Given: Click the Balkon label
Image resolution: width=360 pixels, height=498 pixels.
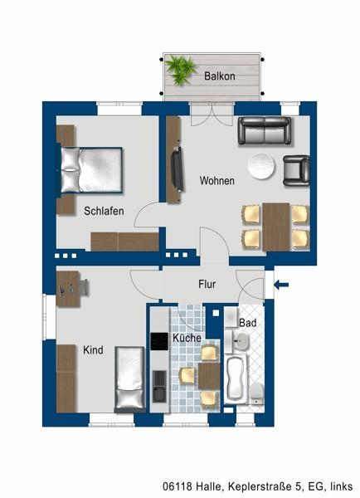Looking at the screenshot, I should pyautogui.click(x=220, y=76).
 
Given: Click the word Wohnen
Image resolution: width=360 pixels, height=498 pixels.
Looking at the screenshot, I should pyautogui.click(x=216, y=181).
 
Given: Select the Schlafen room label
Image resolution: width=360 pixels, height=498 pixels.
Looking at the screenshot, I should pyautogui.click(x=104, y=211).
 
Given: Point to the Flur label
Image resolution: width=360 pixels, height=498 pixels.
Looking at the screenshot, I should pyautogui.click(x=207, y=284).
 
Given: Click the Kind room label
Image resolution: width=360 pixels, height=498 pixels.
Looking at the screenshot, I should pyautogui.click(x=93, y=350).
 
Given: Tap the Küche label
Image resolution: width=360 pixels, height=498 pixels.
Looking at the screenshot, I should pyautogui.click(x=187, y=339).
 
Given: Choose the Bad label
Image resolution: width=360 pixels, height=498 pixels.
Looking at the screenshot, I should pyautogui.click(x=247, y=322).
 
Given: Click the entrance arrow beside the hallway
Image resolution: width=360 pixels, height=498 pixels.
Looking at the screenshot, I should pyautogui.click(x=281, y=286).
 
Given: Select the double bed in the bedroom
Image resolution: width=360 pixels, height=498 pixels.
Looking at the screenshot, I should pyautogui.click(x=91, y=168).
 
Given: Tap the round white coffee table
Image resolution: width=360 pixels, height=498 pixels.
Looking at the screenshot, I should pyautogui.click(x=263, y=166).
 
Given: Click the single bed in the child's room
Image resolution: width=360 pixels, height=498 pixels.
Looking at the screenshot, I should pyautogui.click(x=129, y=378).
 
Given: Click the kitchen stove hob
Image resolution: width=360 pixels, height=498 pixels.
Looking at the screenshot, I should pyautogui.click(x=159, y=341).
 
